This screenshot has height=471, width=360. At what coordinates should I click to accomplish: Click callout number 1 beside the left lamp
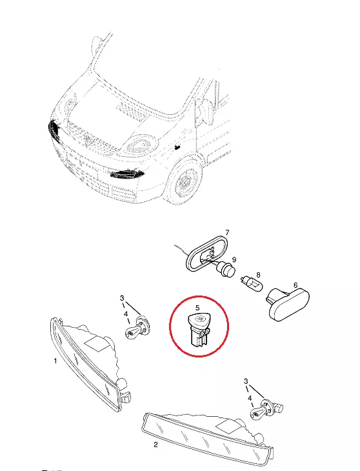coord(55,361)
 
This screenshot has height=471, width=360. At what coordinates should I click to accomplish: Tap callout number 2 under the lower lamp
coord(155,445)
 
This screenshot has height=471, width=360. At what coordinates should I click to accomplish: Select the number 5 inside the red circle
coord(197,308)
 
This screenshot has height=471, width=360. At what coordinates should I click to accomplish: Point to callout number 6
coord(295,285)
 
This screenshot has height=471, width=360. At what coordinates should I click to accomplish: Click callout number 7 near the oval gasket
coord(227,232)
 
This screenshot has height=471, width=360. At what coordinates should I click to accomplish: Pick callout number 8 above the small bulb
coord(258,275)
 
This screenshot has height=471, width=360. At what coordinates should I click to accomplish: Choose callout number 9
coord(234,259)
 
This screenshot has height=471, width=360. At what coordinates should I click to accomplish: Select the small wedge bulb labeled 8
coord(252,284)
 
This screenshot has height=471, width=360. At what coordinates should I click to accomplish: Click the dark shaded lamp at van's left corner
coord(54,129)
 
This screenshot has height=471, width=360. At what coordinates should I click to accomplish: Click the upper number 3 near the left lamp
coord(121,298)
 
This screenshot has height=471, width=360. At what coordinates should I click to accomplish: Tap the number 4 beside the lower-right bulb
coord(250,398)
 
